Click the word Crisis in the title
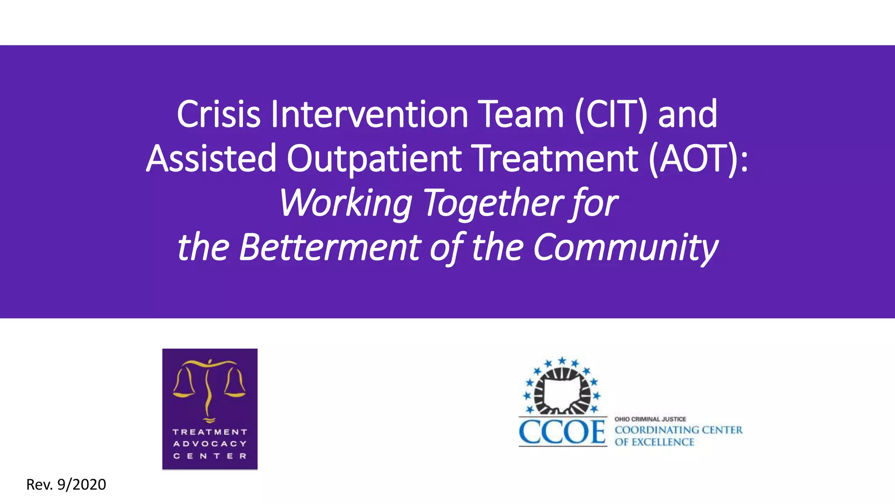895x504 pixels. tap(219, 114)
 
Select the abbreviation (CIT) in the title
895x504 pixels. tap(611, 114)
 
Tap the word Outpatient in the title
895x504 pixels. tap(374, 158)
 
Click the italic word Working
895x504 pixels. tap(345, 203)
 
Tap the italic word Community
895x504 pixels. tap(625, 248)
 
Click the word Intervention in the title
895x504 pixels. tap(369, 114)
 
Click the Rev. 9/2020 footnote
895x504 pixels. tap(66, 485)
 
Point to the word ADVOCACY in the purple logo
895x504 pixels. tap(210, 444)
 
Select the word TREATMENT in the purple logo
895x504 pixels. tap(210, 432)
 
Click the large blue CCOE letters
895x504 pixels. tap(562, 432)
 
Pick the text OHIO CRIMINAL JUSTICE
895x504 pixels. tap(650, 419)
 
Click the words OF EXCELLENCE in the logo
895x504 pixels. tap(654, 442)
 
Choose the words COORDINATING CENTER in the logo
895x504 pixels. tap(678, 430)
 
